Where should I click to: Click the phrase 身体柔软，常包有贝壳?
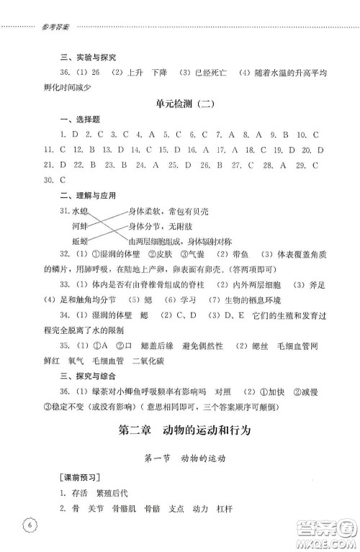pyautogui.click(x=167, y=212)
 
